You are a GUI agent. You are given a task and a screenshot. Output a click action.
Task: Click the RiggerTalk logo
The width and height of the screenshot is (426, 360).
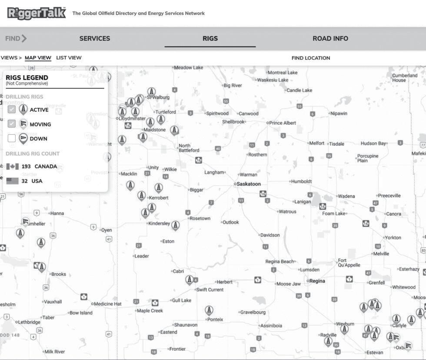click(37, 13)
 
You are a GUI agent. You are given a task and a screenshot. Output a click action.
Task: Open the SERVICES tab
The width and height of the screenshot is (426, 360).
click(95, 38)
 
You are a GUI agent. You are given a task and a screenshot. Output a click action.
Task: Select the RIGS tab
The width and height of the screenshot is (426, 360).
click(210, 38)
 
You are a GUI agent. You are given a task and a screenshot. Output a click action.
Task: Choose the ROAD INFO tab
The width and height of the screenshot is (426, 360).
click(330, 38)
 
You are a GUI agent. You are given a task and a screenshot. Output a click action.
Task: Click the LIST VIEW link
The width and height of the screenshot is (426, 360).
click(69, 58)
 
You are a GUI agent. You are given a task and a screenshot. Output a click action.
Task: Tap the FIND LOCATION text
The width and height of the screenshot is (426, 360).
click(311, 58)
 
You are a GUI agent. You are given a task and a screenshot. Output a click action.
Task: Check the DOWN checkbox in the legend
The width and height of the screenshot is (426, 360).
click(12, 139)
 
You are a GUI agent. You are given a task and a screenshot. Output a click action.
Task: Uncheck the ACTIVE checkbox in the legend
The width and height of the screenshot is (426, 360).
click(12, 109)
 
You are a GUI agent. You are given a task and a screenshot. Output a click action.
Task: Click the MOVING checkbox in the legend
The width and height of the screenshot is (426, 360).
click(12, 124)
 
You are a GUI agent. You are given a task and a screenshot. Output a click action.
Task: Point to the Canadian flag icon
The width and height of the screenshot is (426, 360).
click(12, 167)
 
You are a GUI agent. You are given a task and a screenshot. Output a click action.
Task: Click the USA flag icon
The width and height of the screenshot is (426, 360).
click(12, 181)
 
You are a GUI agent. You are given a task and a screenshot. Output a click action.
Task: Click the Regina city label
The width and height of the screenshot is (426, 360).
click(317, 281)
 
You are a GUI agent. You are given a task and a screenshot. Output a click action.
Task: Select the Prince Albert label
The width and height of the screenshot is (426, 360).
click(283, 123)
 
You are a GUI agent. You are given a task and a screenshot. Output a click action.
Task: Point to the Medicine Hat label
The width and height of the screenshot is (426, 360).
click(108, 304)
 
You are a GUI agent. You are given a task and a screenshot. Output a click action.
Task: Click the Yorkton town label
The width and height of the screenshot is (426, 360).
click(393, 238)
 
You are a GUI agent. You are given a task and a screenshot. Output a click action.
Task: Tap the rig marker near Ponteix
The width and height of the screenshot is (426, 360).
click(209, 310)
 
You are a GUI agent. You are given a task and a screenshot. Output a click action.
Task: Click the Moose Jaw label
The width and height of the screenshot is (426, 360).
click(289, 284)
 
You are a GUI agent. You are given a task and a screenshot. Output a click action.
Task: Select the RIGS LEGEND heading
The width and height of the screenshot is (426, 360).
click(27, 78)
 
